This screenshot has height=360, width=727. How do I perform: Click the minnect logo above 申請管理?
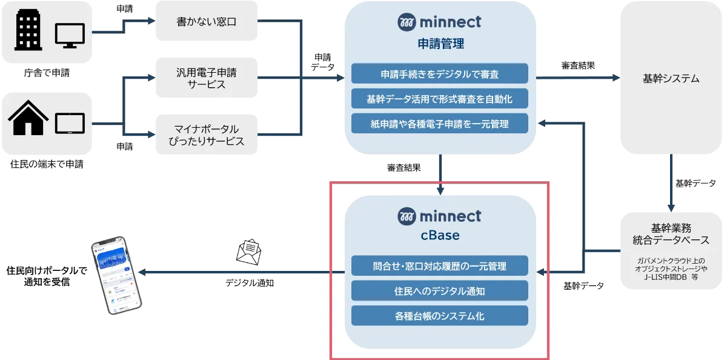[x=440, y=22]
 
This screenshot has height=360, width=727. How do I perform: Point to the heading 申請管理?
[x=440, y=44]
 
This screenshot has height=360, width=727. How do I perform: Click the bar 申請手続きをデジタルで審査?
[x=440, y=75]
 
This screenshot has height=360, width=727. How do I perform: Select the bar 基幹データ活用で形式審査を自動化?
[x=440, y=99]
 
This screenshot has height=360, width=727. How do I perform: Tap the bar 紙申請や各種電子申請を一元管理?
[x=440, y=124]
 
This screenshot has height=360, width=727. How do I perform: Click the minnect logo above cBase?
[x=440, y=216]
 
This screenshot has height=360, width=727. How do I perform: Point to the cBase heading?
[x=440, y=236]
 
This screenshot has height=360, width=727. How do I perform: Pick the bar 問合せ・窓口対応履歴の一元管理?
[x=440, y=265]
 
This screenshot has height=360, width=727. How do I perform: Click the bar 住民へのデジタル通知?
[x=440, y=290]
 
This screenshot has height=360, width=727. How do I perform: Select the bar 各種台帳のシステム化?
[x=440, y=315]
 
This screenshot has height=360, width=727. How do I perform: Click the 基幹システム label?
[x=671, y=79]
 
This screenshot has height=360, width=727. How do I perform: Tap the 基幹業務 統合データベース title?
[x=671, y=235]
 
